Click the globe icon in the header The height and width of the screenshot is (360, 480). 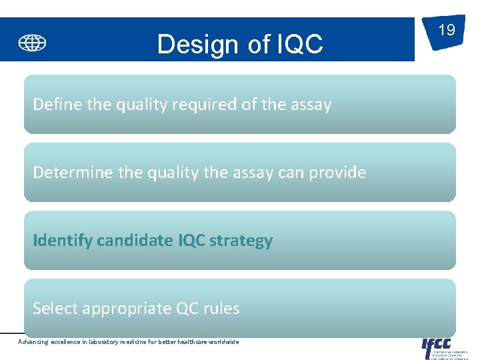32,44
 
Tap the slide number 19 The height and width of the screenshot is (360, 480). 446,30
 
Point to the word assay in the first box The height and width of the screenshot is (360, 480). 311,105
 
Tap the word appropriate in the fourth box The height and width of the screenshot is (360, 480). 114,309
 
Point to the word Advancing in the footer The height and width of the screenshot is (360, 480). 33,342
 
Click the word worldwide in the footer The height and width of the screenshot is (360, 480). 223,342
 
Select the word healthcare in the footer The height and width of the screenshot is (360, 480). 191,342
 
